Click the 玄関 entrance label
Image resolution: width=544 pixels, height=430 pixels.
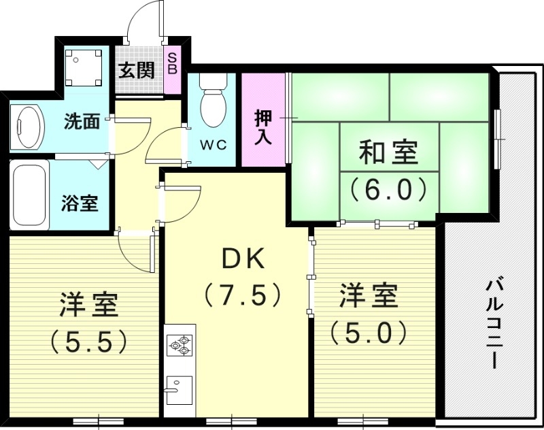(136, 70)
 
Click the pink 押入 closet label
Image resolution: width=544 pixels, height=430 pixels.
(264, 127)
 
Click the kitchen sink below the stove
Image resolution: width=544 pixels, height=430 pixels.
(179, 390)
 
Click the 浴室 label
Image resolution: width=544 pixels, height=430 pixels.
(80, 203)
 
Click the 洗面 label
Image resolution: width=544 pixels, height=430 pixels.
(82, 122)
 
